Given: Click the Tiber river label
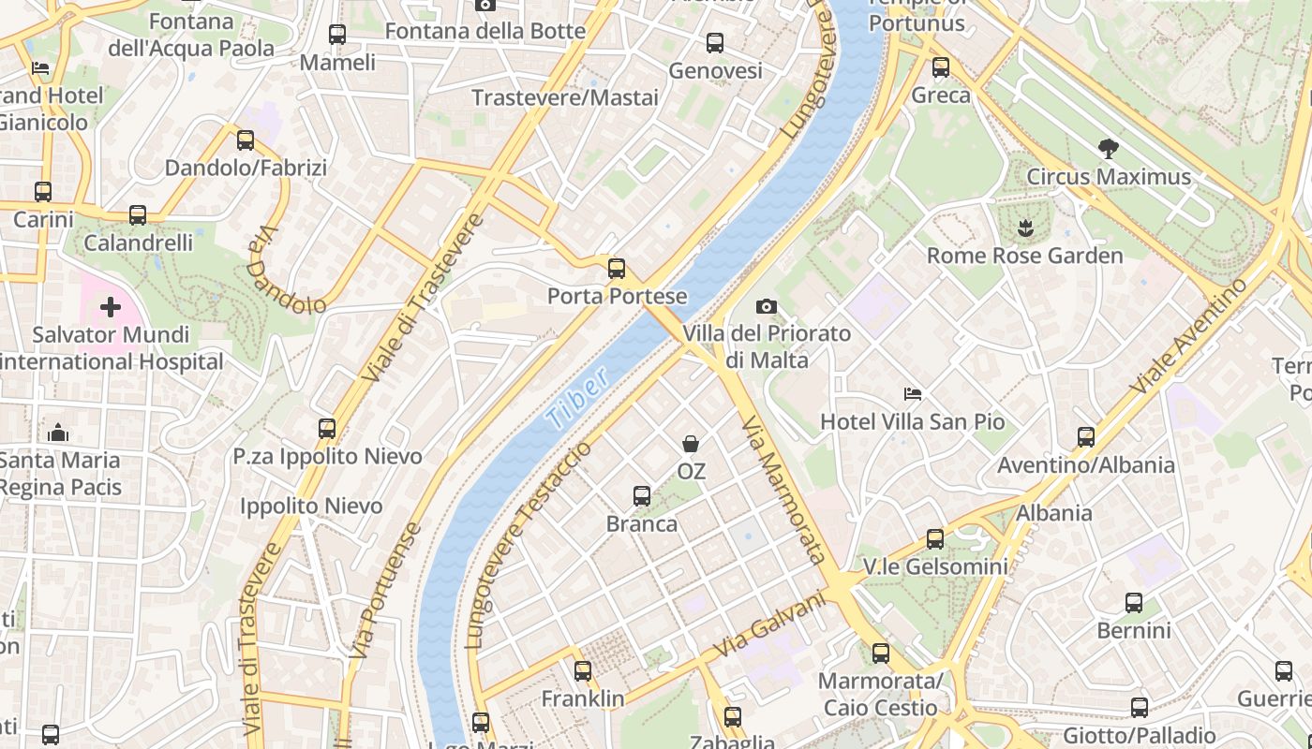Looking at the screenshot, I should (x=579, y=398).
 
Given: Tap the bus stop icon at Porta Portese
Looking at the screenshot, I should (x=617, y=269).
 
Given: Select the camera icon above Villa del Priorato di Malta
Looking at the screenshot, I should (x=767, y=306).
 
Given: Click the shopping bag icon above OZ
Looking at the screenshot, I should (x=691, y=443).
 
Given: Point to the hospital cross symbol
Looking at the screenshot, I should (x=111, y=306).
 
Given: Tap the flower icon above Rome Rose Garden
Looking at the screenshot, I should (x=1025, y=228).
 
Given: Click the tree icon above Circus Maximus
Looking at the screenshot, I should (x=1109, y=148).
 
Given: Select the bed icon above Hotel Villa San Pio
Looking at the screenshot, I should (x=913, y=393).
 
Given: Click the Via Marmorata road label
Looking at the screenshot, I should (x=783, y=489).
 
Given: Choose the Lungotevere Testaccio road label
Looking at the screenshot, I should (x=529, y=543).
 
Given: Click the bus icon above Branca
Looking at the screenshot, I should (x=642, y=495).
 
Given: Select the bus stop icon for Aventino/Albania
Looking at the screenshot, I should (x=1086, y=436).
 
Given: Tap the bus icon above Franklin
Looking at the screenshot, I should (x=583, y=670).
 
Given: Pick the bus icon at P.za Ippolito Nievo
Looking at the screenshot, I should (x=327, y=429).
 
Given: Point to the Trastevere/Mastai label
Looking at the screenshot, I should (x=565, y=97).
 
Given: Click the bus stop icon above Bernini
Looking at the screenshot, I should (x=1134, y=602).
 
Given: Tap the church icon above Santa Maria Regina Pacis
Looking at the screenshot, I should (x=58, y=432).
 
